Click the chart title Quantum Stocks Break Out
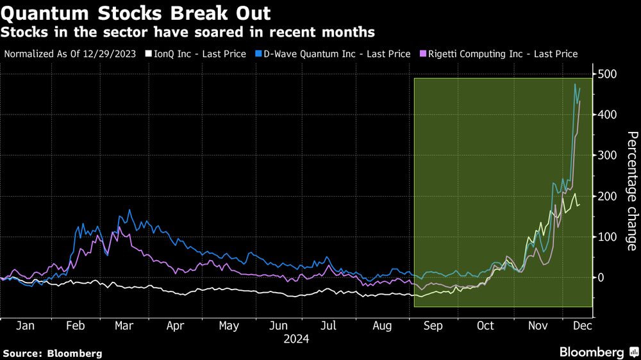click(x=136, y=13)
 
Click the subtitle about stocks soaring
click(x=189, y=31)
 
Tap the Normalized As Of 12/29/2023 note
click(x=70, y=54)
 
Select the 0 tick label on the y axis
click(x=600, y=277)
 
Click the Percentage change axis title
click(x=631, y=191)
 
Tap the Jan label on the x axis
click(x=24, y=326)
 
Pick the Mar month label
click(x=124, y=326)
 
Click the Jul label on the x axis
click(x=328, y=326)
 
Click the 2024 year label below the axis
click(x=296, y=339)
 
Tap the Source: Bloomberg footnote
click(x=53, y=353)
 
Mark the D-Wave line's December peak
click(x=575, y=85)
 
